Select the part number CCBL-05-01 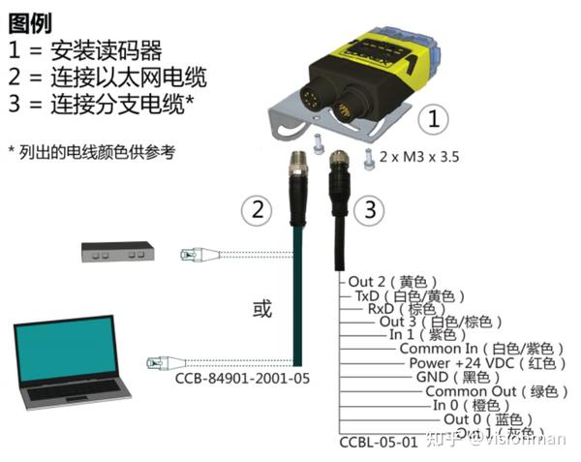(x=379, y=443)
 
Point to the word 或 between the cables (x=262, y=310)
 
